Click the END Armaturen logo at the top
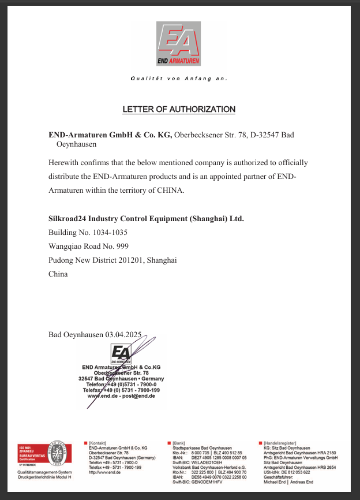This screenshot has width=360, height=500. [x=179, y=44]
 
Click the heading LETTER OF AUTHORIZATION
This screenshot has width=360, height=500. [x=179, y=109]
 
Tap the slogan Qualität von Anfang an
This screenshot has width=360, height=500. [x=179, y=78]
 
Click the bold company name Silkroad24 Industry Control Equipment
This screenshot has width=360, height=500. [x=146, y=219]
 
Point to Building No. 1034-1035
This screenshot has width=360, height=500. [x=88, y=233]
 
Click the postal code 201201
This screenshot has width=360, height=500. [x=132, y=260]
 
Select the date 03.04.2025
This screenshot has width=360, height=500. [x=123, y=334]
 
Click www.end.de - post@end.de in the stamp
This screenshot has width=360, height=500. [x=121, y=396]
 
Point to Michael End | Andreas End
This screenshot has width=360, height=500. [x=288, y=482]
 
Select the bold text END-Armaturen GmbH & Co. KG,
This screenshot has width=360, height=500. [x=110, y=135]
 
